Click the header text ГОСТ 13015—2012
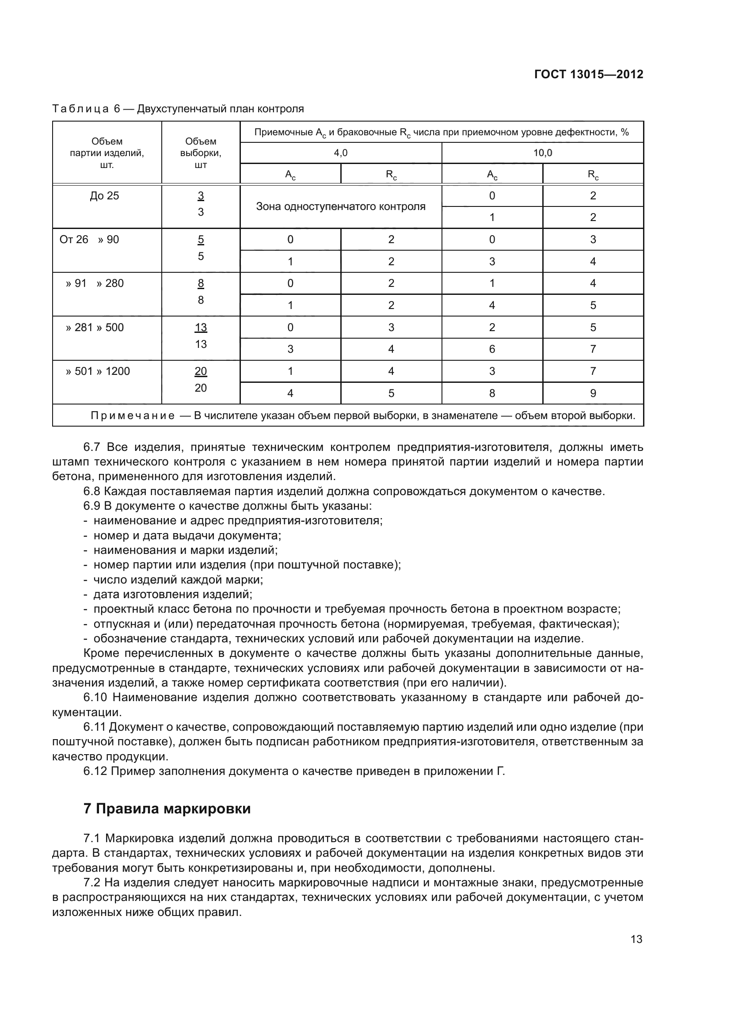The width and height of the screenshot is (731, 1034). [x=588, y=74]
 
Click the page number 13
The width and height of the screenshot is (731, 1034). [x=636, y=939]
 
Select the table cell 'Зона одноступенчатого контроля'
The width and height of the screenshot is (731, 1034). [x=340, y=207]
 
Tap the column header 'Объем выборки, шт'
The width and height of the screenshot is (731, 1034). [x=200, y=153]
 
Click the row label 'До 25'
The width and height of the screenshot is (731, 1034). [x=104, y=196]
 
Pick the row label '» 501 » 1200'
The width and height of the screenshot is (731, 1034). [x=98, y=371]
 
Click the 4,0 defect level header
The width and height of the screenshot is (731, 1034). [x=340, y=153]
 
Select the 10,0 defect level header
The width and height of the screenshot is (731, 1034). [x=542, y=153]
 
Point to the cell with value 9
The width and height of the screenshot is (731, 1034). [x=593, y=393]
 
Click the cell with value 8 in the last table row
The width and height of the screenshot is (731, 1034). [x=492, y=393]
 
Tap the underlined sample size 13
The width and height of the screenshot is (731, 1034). [x=200, y=328]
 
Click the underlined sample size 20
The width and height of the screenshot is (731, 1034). [x=200, y=371]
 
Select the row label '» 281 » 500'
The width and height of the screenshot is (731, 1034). [x=95, y=328]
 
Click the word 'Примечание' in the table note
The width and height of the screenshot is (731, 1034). [x=133, y=416]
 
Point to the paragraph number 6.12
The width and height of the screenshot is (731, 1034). [x=95, y=771]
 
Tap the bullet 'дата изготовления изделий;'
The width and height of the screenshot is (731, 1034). [x=172, y=595]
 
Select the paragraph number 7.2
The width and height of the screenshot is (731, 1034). [x=92, y=883]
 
